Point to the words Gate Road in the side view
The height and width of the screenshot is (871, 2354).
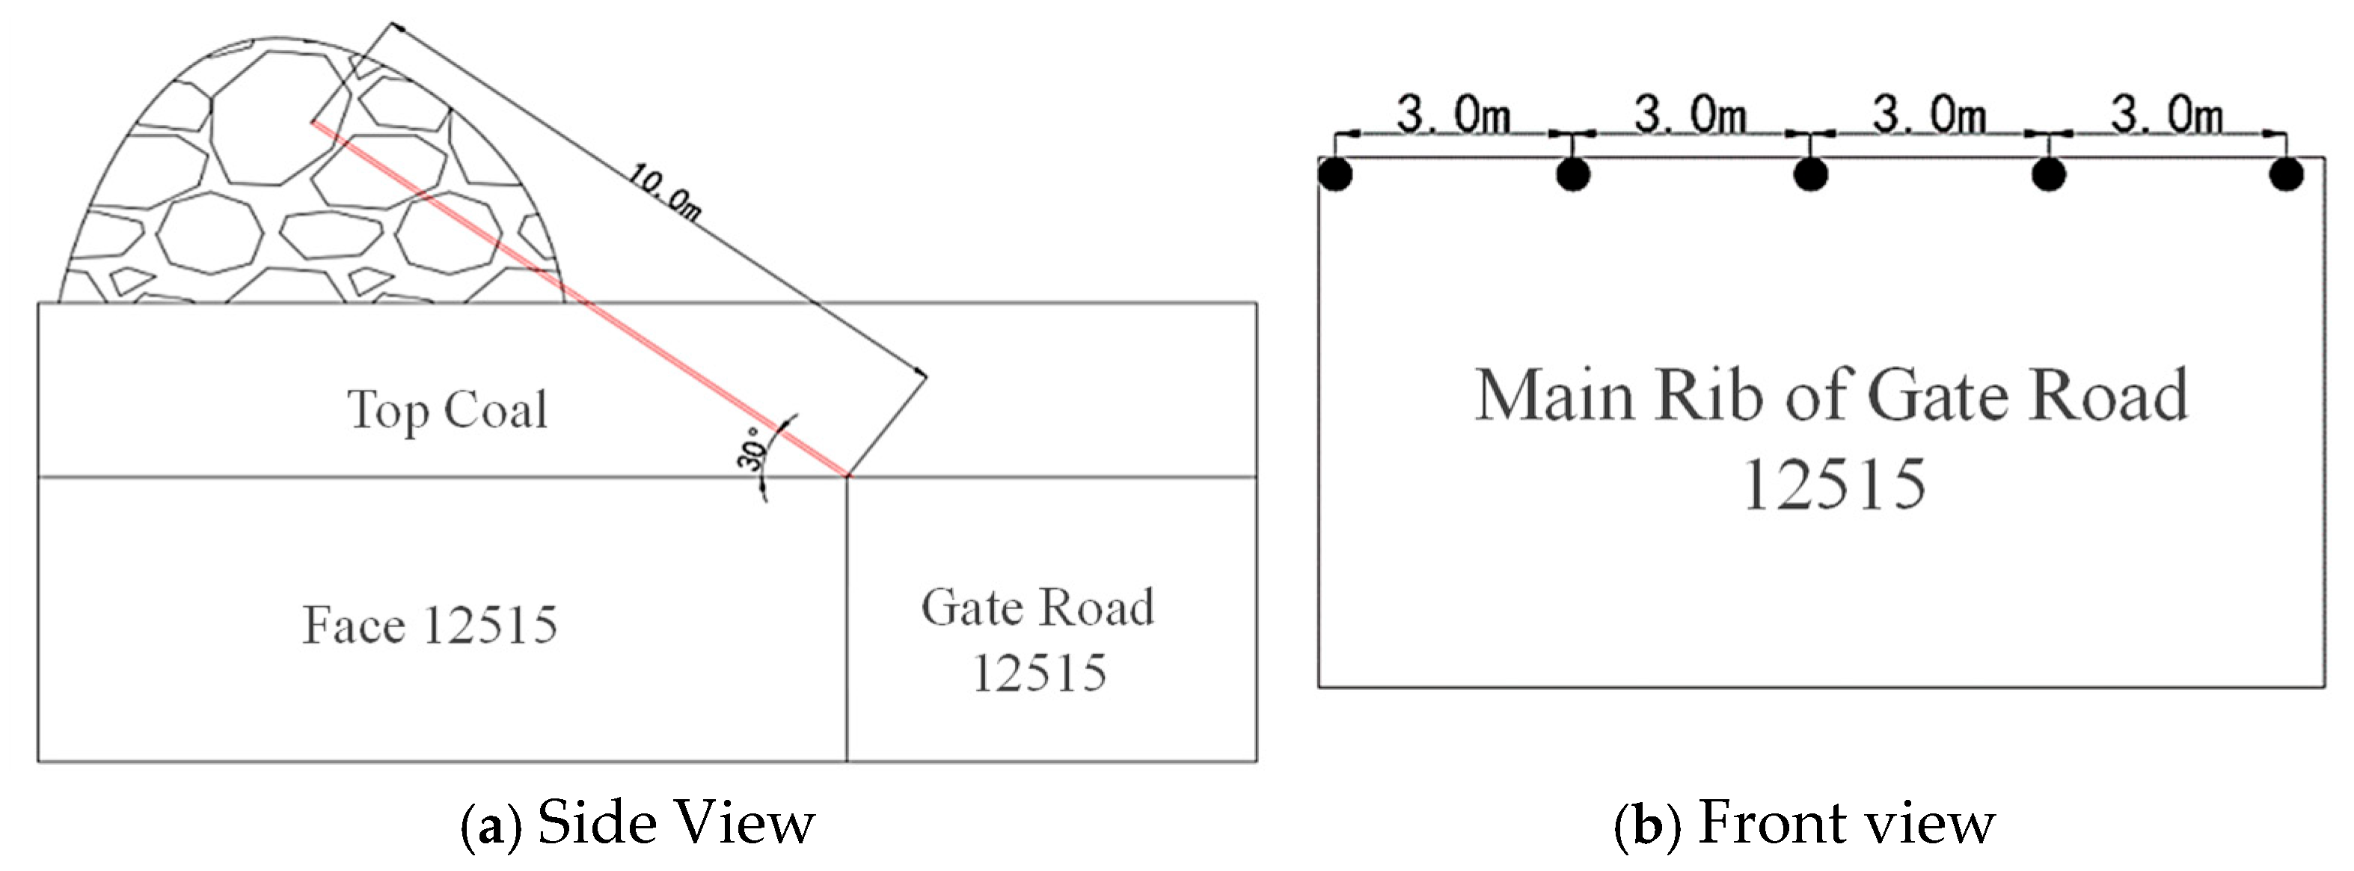click(1037, 608)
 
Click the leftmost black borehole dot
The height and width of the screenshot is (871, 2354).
click(1335, 174)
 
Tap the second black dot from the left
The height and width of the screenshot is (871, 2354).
click(1572, 174)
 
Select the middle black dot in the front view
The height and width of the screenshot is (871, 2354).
click(1811, 174)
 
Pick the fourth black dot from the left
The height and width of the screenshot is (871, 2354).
click(2049, 174)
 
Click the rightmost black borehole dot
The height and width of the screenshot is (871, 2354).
click(2287, 174)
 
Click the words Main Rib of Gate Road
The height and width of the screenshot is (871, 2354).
click(1831, 397)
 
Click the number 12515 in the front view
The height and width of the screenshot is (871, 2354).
click(1834, 484)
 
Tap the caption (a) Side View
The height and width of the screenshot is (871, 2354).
click(637, 823)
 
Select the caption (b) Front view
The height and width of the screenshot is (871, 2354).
click(1804, 823)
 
